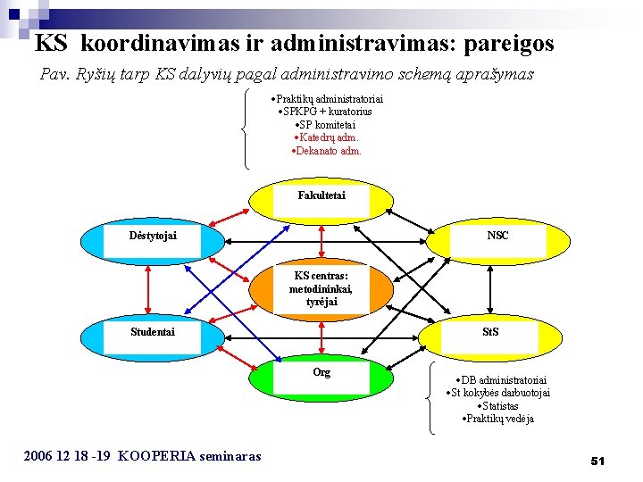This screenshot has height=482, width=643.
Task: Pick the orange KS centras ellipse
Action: pyautogui.click(x=321, y=289)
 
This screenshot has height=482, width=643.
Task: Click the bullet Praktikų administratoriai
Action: pyautogui.click(x=327, y=98)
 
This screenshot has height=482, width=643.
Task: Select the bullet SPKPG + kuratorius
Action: pyautogui.click(x=326, y=112)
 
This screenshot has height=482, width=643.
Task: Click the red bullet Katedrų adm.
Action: pyautogui.click(x=327, y=137)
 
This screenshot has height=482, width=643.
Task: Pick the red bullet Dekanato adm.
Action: pyautogui.click(x=327, y=151)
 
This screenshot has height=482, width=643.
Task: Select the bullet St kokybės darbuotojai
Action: pyautogui.click(x=498, y=393)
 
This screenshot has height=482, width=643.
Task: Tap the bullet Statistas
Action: pyautogui.click(x=498, y=406)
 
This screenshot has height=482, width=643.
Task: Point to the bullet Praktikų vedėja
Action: pyautogui.click(x=498, y=419)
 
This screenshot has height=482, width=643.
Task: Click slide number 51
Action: pyautogui.click(x=597, y=461)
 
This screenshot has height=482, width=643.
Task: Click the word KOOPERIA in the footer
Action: pyautogui.click(x=155, y=456)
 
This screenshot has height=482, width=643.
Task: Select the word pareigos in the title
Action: pyautogui.click(x=504, y=43)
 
